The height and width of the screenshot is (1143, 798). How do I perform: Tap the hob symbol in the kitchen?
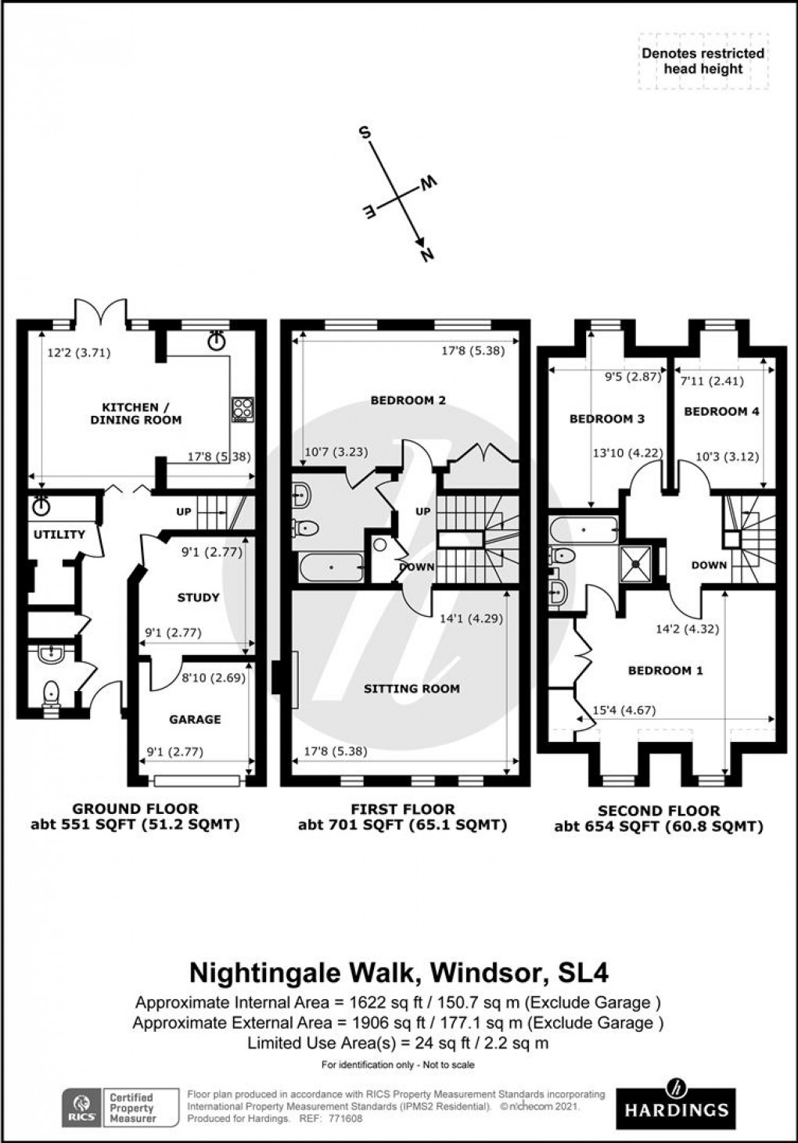point(242,408)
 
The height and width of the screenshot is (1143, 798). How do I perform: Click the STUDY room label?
point(198,597)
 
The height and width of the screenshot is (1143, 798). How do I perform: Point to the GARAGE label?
point(195,719)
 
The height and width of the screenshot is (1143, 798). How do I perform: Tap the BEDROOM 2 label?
point(408,400)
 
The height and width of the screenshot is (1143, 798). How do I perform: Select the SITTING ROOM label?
point(412,689)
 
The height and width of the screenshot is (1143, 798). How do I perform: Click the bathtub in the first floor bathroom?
point(331,566)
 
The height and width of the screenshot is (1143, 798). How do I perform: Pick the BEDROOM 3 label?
point(606,419)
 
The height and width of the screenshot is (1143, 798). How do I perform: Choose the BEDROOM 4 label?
point(721,411)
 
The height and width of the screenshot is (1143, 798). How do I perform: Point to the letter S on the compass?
point(364,132)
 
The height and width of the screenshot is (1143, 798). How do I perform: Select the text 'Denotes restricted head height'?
point(703,61)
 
